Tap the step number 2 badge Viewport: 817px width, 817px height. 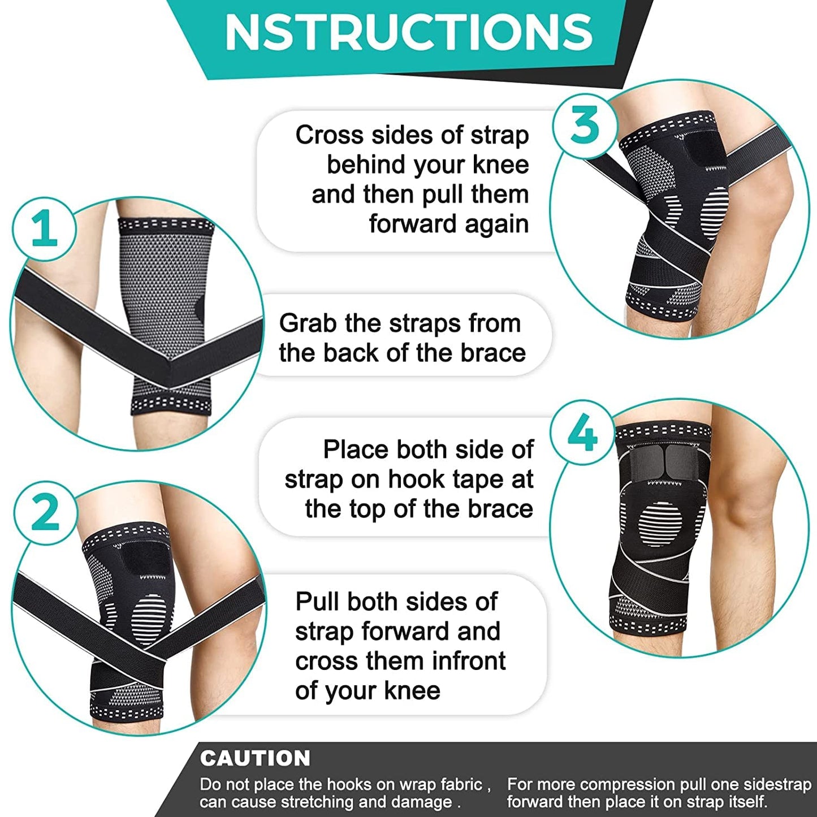45,512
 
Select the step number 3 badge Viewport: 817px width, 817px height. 584,125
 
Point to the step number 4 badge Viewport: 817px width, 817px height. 582,434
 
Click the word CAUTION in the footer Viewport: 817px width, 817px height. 255,758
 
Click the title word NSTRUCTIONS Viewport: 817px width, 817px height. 408,32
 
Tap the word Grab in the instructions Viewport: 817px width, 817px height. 308,323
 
